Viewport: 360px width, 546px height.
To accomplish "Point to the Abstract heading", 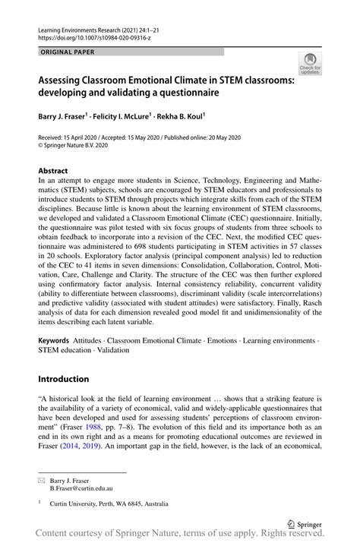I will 54,172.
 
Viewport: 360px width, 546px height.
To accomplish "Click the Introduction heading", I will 64,379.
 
